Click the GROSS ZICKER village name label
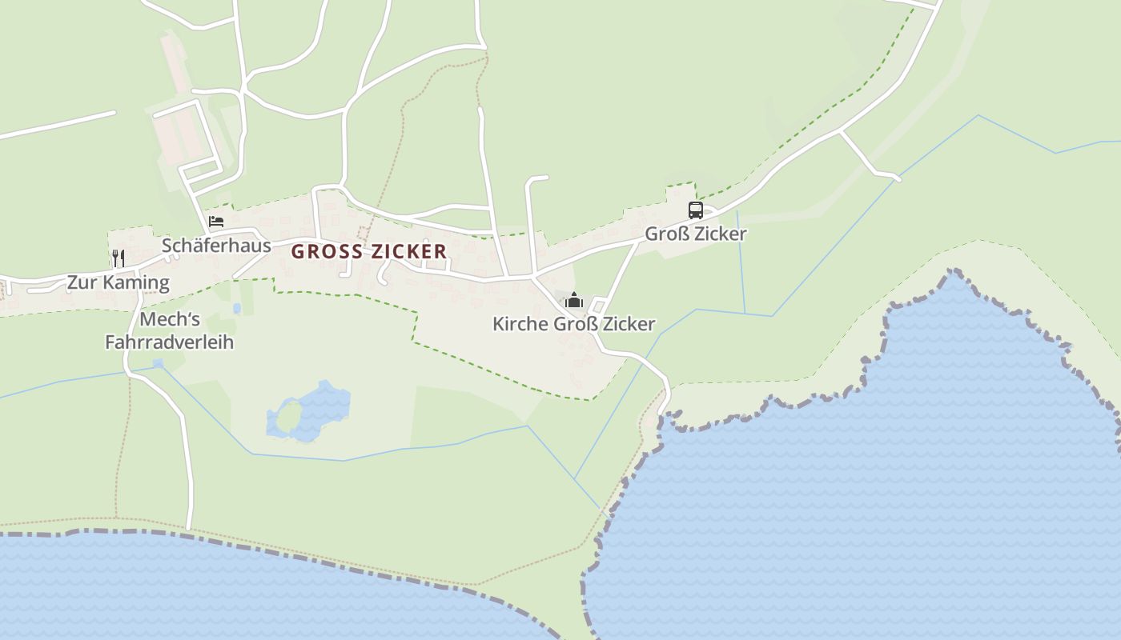(369, 251)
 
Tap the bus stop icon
(696, 210)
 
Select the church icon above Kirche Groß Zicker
(574, 301)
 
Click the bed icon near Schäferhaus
(216, 222)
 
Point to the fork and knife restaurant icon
(118, 258)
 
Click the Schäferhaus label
(216, 245)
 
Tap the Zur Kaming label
(118, 282)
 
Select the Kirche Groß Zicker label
(573, 324)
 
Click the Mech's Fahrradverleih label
(169, 330)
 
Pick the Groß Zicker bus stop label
(696, 234)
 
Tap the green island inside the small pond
(287, 416)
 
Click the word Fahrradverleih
(169, 342)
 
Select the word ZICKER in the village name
(409, 251)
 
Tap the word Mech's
(169, 319)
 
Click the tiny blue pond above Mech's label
(236, 308)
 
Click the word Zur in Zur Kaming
(81, 282)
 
